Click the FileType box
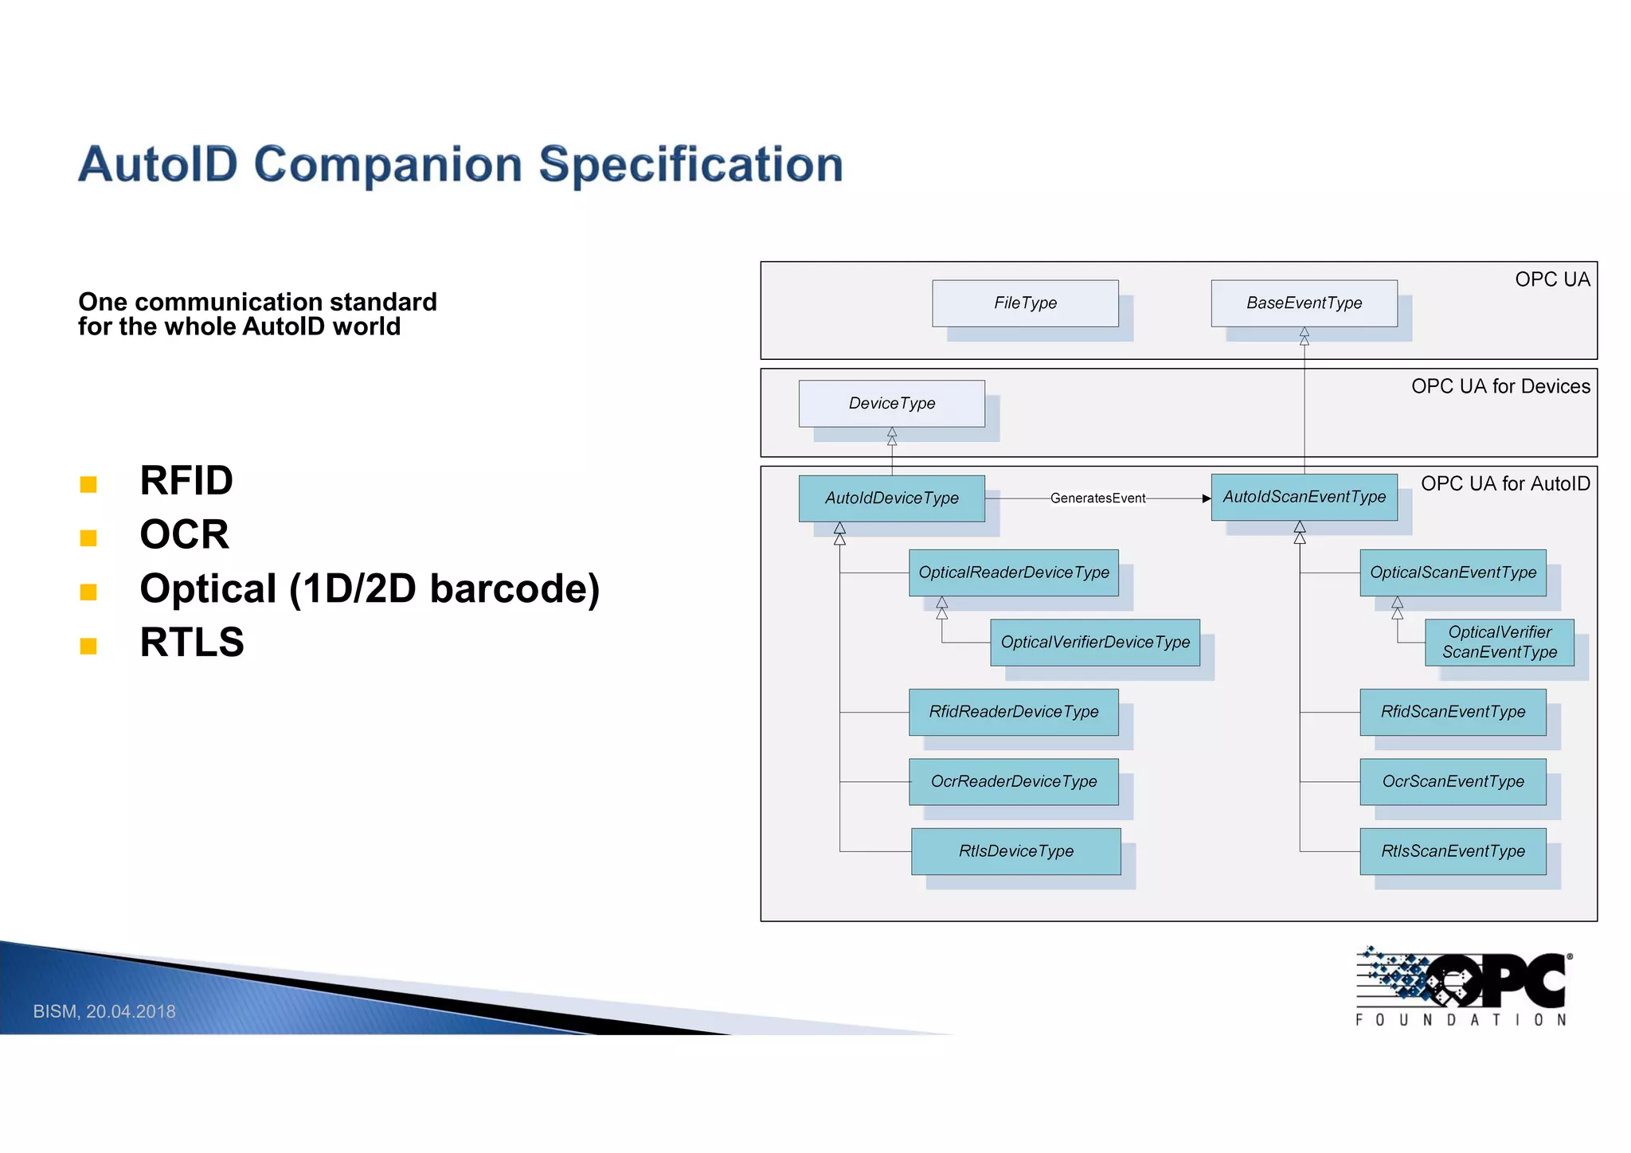[x=1025, y=303]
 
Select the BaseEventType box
[x=1304, y=303]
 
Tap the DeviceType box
[x=891, y=404]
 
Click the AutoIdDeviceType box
[x=891, y=498]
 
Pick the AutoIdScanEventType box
[x=1304, y=497]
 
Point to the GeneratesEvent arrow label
[x=1097, y=498]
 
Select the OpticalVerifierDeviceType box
[x=1095, y=643]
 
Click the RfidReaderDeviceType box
[x=1013, y=712]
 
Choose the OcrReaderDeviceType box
[x=1013, y=782]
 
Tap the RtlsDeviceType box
[x=1015, y=851]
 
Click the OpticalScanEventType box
[x=1453, y=573]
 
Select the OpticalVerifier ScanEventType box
[x=1499, y=643]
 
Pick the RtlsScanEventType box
[x=1453, y=851]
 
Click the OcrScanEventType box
[x=1453, y=782]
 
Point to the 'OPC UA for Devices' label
[x=1500, y=387]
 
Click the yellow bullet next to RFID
[x=88, y=484]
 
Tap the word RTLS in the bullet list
[x=192, y=643]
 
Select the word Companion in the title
[x=389, y=165]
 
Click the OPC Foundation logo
[x=1463, y=986]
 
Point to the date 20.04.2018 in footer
[x=131, y=1012]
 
